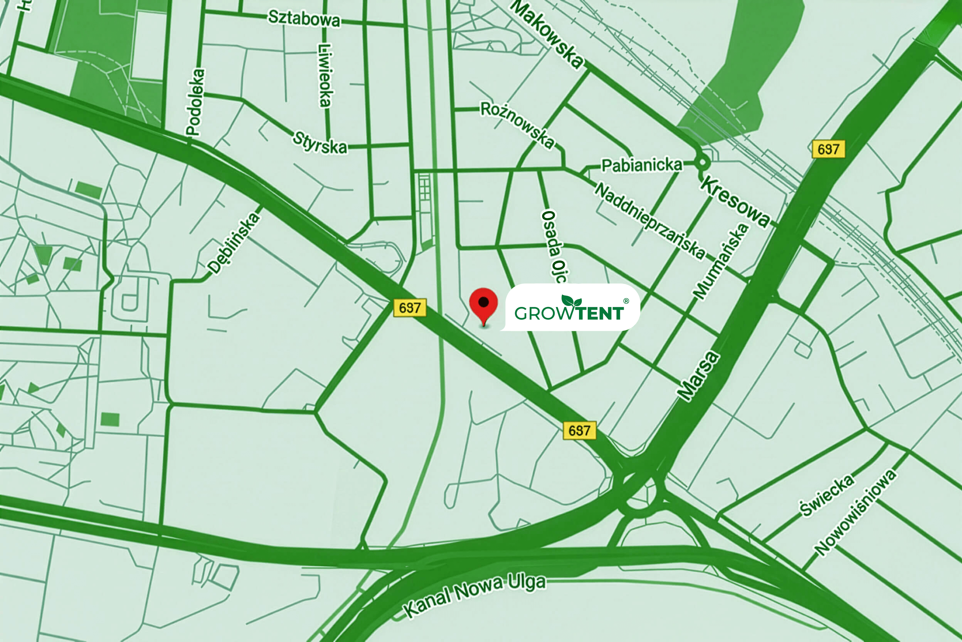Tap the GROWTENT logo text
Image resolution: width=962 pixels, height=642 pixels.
tap(569, 313)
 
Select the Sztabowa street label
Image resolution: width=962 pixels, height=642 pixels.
tap(304, 18)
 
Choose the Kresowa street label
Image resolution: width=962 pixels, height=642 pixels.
tap(735, 201)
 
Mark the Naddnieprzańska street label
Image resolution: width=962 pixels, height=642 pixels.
tap(649, 220)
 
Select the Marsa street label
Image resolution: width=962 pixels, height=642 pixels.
tap(698, 375)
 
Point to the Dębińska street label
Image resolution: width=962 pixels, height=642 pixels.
tap(233, 243)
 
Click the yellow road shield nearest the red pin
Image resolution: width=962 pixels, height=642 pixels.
tap(409, 308)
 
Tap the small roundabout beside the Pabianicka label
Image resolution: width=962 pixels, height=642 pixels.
tap(702, 162)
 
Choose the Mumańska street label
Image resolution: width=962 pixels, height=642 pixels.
tap(720, 261)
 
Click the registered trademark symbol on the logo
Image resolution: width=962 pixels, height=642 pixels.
tap(626, 301)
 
